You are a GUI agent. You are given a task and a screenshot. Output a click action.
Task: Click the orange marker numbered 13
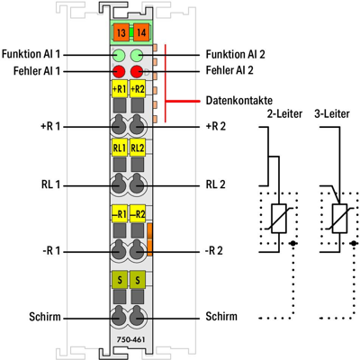pyautogui.click(x=120, y=34)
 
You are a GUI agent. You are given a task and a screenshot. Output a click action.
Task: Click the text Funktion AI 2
pyautogui.click(x=237, y=54)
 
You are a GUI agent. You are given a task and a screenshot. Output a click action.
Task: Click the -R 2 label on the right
pyautogui.click(x=213, y=250)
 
